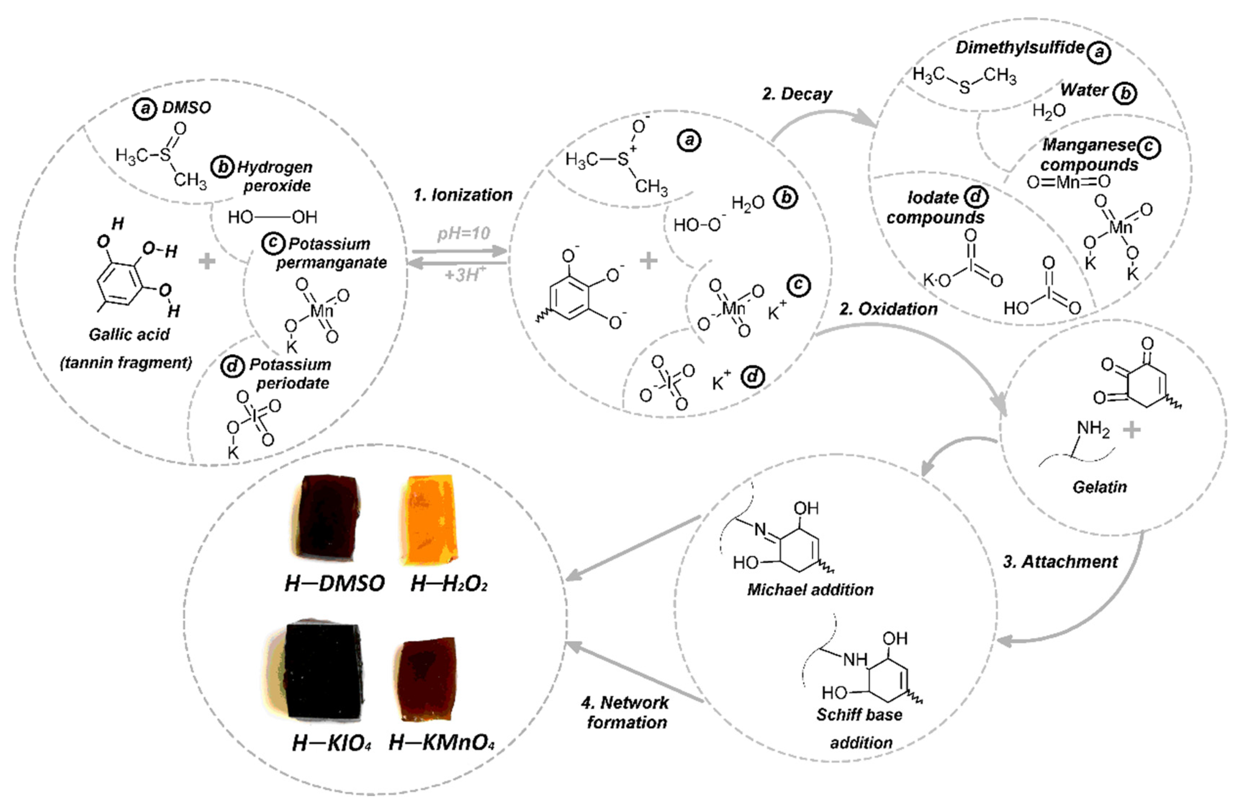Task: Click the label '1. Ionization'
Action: pos(463,195)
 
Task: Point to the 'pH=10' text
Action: pos(463,233)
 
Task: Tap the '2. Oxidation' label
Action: pos(888,309)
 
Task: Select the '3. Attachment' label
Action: pos(1060,561)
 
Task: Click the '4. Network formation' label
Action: pos(625,712)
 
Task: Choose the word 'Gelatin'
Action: pos(1099,487)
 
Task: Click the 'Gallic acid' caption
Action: pos(129,334)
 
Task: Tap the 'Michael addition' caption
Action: pos(810,589)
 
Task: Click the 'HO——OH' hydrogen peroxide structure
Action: pos(272,217)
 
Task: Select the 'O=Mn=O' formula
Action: pos(1068,182)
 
